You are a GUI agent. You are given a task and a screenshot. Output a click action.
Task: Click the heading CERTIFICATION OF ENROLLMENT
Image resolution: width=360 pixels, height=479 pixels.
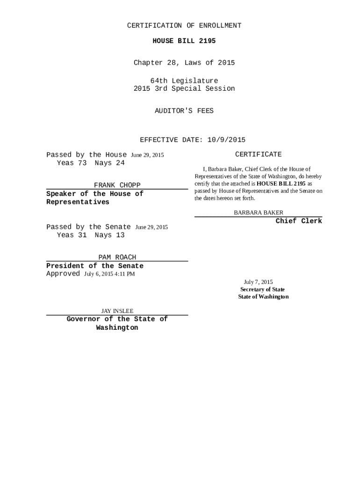184,26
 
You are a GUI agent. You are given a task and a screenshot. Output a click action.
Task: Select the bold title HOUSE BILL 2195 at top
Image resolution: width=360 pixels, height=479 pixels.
184,41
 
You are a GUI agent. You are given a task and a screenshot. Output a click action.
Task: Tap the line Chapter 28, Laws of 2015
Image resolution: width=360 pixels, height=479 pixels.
184,63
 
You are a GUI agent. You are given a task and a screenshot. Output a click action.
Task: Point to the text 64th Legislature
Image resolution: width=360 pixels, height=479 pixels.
184,81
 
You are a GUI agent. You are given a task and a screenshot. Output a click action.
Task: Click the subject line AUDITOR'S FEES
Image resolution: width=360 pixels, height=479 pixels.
184,111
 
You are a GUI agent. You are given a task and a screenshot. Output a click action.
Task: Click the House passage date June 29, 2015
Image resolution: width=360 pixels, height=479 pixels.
147,155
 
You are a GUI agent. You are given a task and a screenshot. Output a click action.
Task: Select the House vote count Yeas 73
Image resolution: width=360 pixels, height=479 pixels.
72,163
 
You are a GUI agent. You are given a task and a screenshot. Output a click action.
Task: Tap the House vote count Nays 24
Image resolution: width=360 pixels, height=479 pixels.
109,163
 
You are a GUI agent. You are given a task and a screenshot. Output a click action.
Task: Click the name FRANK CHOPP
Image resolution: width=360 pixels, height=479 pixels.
117,185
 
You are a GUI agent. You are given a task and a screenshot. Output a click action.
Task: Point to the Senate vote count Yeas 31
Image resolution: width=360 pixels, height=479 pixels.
72,235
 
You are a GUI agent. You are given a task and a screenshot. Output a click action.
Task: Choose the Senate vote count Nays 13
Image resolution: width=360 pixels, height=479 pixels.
109,235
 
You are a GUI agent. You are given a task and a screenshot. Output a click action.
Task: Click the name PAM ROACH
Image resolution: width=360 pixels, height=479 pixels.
117,257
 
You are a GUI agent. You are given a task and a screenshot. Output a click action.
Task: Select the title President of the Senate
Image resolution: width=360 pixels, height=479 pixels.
95,266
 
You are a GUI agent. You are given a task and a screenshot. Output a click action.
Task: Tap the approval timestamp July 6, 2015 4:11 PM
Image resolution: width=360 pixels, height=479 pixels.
109,274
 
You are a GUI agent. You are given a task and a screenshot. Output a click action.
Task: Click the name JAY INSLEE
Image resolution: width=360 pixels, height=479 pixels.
117,311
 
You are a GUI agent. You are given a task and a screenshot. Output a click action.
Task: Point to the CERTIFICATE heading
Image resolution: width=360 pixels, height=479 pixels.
258,154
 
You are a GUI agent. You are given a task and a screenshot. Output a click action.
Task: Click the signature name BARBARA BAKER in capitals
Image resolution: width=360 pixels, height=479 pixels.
259,213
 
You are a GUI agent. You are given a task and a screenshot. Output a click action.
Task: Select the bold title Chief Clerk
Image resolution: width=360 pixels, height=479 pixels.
299,221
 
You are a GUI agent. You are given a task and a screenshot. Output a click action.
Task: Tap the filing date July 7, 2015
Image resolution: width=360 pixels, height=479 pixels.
258,282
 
